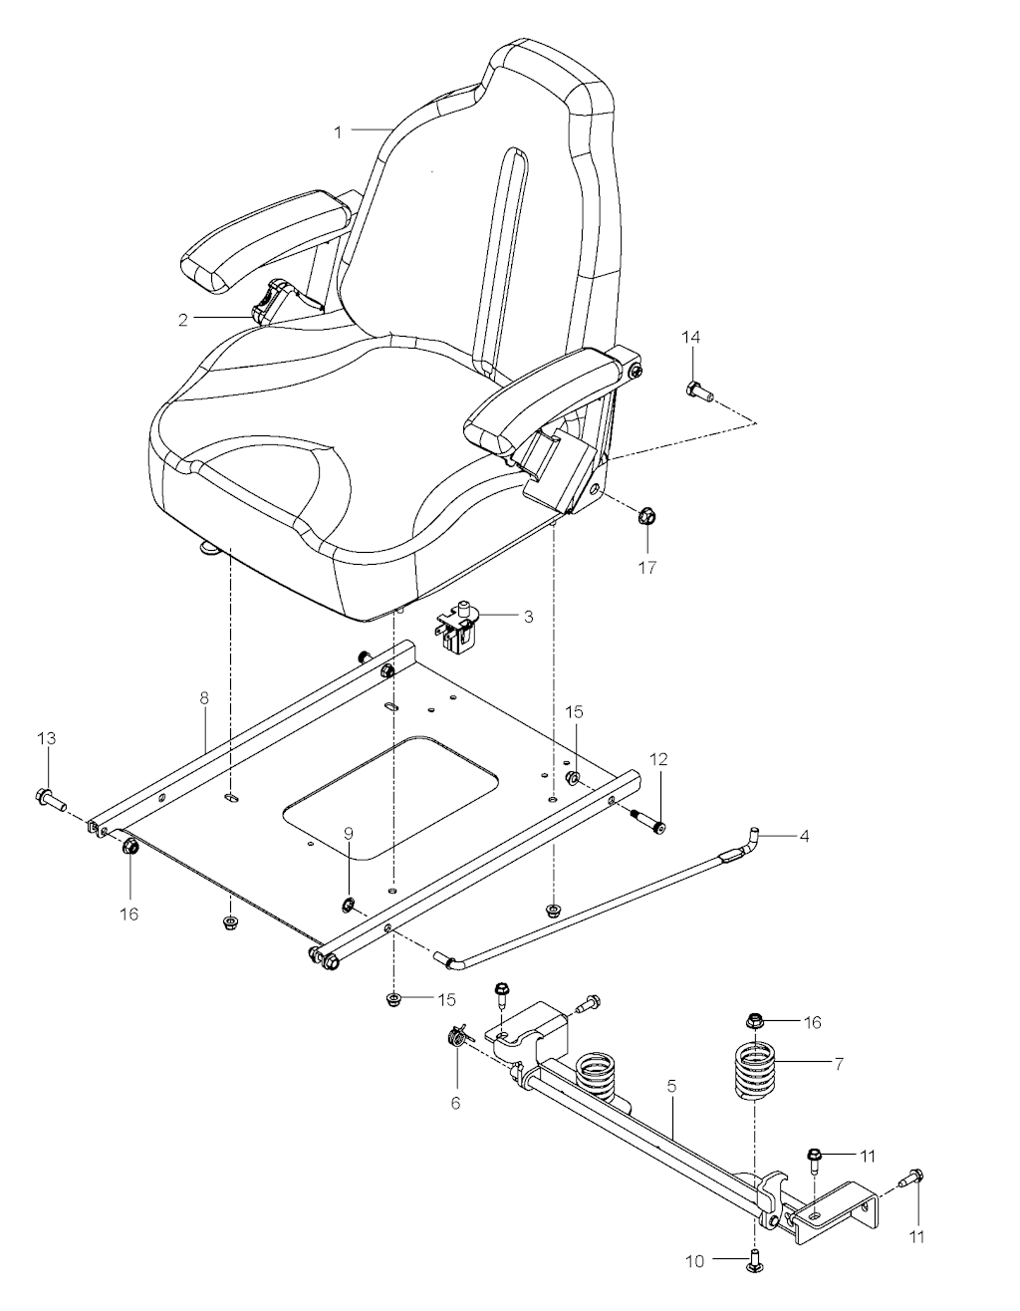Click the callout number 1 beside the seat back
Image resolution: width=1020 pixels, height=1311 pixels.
(338, 132)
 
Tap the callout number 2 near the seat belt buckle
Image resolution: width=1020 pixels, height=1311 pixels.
(182, 320)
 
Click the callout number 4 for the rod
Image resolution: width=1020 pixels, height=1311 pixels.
(804, 836)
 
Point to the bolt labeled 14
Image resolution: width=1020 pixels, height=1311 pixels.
(699, 392)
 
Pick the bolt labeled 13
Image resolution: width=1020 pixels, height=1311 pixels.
(50, 800)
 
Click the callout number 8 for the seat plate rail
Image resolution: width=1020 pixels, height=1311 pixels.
(204, 698)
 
